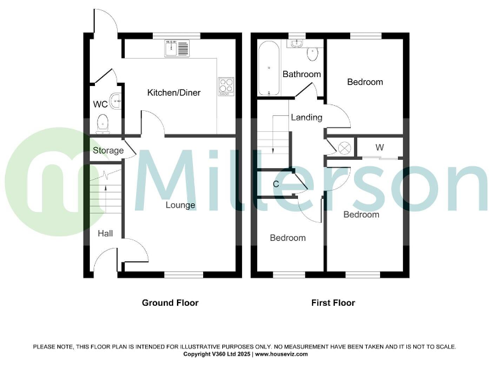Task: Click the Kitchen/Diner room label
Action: click(x=174, y=93)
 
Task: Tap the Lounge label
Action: click(x=180, y=205)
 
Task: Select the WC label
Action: click(x=100, y=104)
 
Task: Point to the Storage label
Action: click(x=108, y=151)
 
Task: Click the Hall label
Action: click(x=105, y=234)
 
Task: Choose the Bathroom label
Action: click(x=302, y=75)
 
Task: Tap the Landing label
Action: click(x=306, y=117)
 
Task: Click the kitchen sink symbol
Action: click(x=173, y=48)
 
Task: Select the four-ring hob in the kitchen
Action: click(x=226, y=86)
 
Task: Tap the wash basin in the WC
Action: click(x=116, y=99)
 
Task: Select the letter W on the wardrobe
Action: click(x=379, y=147)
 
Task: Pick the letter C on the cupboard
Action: click(x=276, y=184)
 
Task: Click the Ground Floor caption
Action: click(x=170, y=303)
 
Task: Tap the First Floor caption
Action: click(x=333, y=303)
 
